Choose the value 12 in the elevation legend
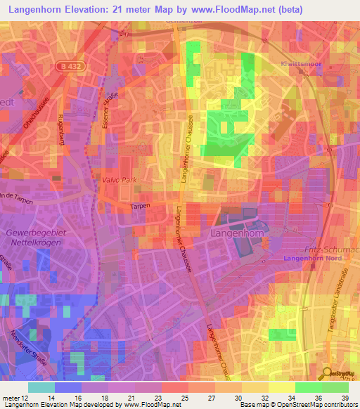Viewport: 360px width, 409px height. point(28,397)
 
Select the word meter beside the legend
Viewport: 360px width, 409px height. point(13,397)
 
